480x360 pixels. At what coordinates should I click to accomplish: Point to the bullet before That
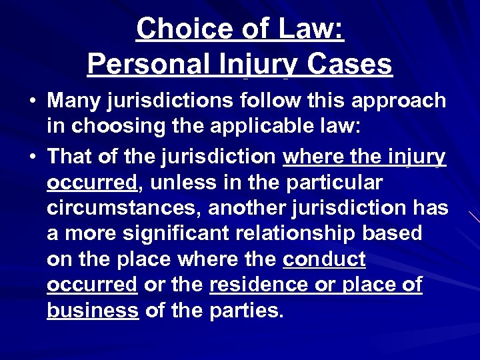[32, 157]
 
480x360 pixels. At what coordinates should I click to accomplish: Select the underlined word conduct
[324, 259]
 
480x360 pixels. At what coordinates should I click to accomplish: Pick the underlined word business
[93, 310]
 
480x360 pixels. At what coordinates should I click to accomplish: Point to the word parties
[247, 310]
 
